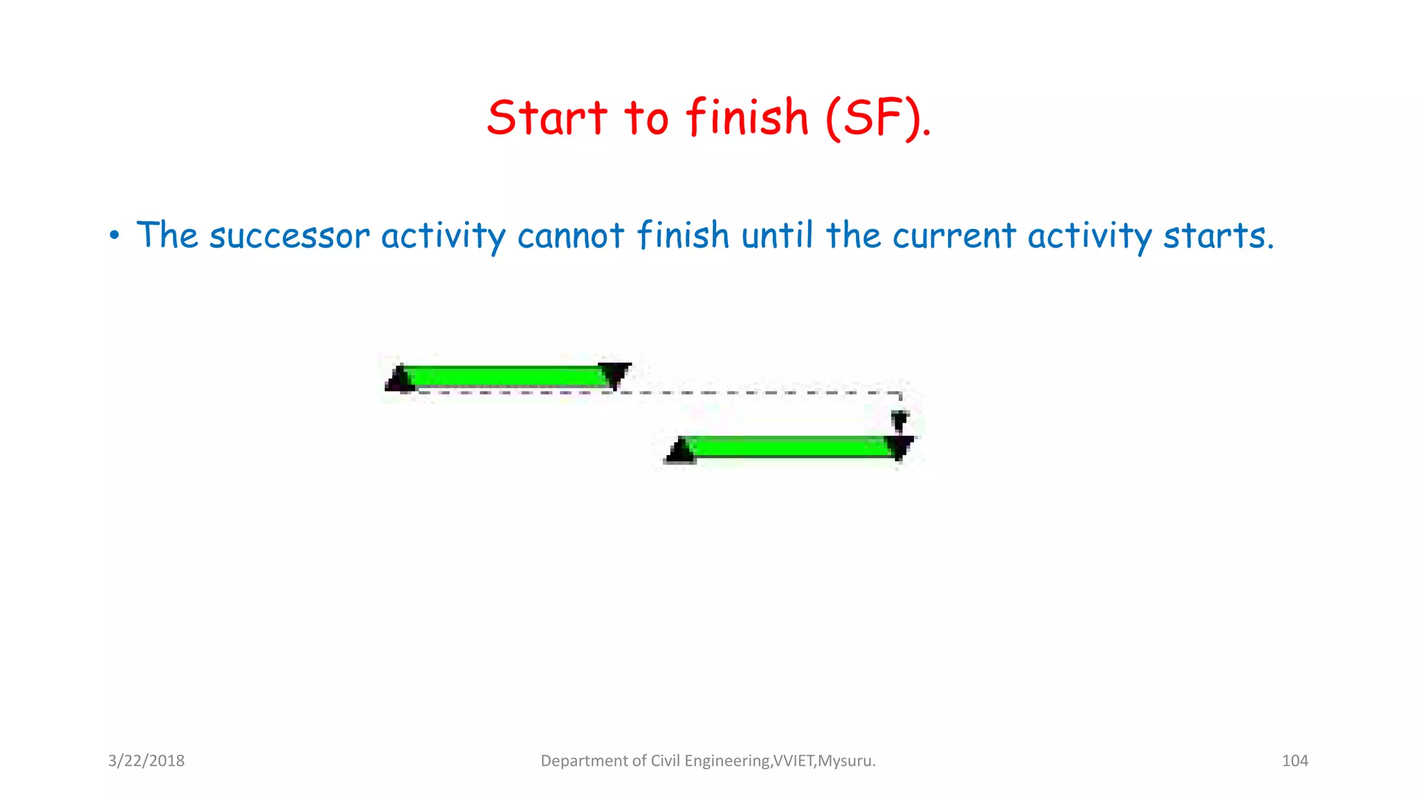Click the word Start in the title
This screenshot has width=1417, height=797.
click(x=547, y=118)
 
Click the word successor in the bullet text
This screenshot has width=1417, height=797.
click(x=289, y=236)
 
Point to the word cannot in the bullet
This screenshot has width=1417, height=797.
click(x=571, y=236)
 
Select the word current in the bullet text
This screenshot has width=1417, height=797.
click(x=953, y=236)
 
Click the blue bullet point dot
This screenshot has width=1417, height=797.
click(x=114, y=237)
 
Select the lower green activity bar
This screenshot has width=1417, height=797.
click(x=789, y=448)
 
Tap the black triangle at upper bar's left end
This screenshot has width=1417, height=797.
click(x=400, y=379)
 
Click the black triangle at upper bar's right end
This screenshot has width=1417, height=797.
click(x=615, y=374)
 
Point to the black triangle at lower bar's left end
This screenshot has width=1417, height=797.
click(x=680, y=451)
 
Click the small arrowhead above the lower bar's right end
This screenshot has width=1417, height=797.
click(x=899, y=419)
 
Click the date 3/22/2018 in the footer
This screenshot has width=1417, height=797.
click(x=146, y=761)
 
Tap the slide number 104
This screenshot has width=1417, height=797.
click(x=1295, y=761)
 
